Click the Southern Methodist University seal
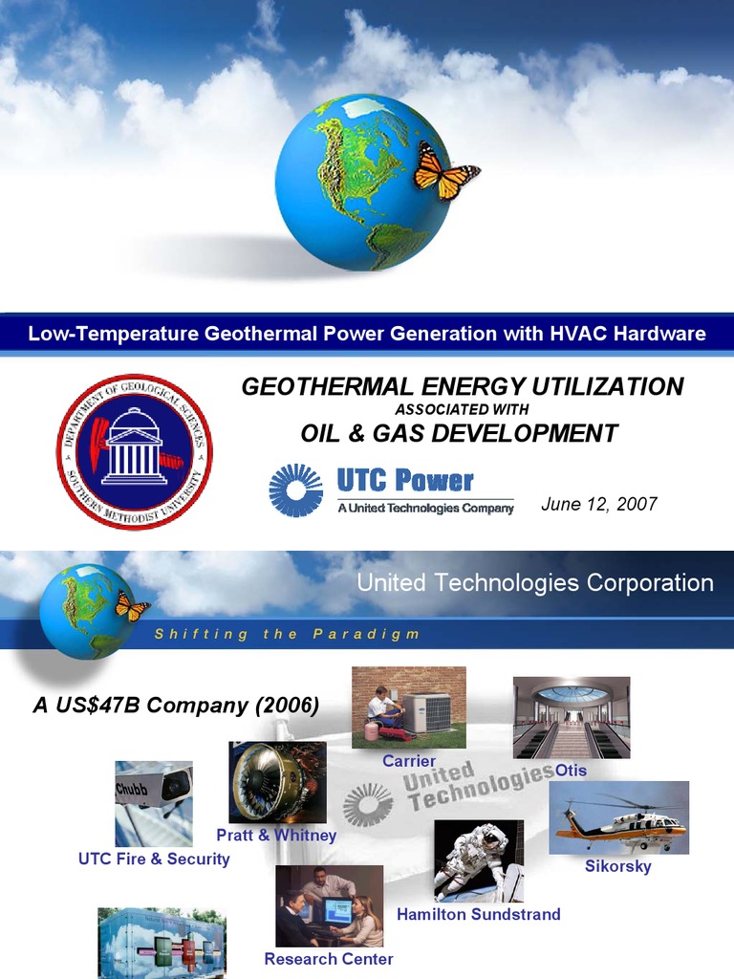point(134,452)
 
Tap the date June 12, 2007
point(598,504)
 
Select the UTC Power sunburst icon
point(296,489)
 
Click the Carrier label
point(409,761)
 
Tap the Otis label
point(571,770)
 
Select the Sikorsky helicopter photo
point(619,817)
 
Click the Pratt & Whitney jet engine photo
point(277,782)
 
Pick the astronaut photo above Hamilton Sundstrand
point(478,860)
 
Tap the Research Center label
point(329,958)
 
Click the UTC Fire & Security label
point(154,859)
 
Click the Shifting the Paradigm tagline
point(287,634)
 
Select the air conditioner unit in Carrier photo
point(426,713)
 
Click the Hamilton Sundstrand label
point(478,914)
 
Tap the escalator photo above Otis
point(572,718)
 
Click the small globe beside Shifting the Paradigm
point(86,610)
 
